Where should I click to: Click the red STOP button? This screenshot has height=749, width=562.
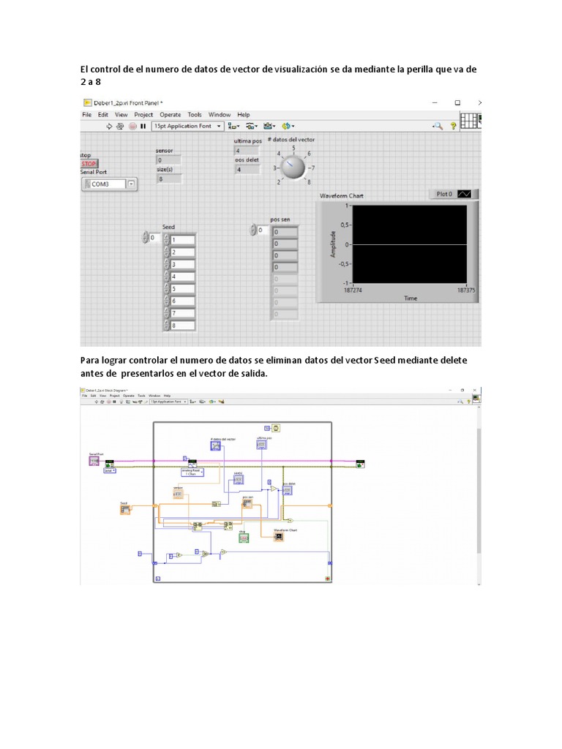click(89, 164)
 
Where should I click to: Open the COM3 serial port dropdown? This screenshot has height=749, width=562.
click(131, 184)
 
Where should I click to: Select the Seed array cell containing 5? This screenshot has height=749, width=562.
click(183, 288)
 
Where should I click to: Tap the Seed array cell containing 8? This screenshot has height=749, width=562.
click(183, 325)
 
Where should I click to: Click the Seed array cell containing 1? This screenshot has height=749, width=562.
click(183, 240)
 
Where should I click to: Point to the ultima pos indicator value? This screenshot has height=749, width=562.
click(247, 150)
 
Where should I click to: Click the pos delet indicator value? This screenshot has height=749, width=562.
click(247, 170)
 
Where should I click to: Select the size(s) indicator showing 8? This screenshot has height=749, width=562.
click(168, 178)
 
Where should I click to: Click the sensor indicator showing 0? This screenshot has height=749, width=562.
click(168, 159)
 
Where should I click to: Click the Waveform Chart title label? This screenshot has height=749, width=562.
click(342, 196)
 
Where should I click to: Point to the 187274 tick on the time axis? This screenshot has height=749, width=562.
click(354, 290)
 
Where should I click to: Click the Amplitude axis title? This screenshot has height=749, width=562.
click(333, 244)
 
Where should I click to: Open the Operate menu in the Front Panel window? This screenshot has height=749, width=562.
click(171, 115)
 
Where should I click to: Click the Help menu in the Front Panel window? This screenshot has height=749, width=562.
click(244, 115)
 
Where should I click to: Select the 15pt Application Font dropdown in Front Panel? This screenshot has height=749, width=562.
click(185, 126)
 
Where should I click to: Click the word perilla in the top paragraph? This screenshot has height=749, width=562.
click(394, 69)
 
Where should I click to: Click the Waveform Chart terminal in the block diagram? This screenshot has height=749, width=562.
click(279, 536)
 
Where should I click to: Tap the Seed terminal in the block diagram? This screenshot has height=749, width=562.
click(125, 508)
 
